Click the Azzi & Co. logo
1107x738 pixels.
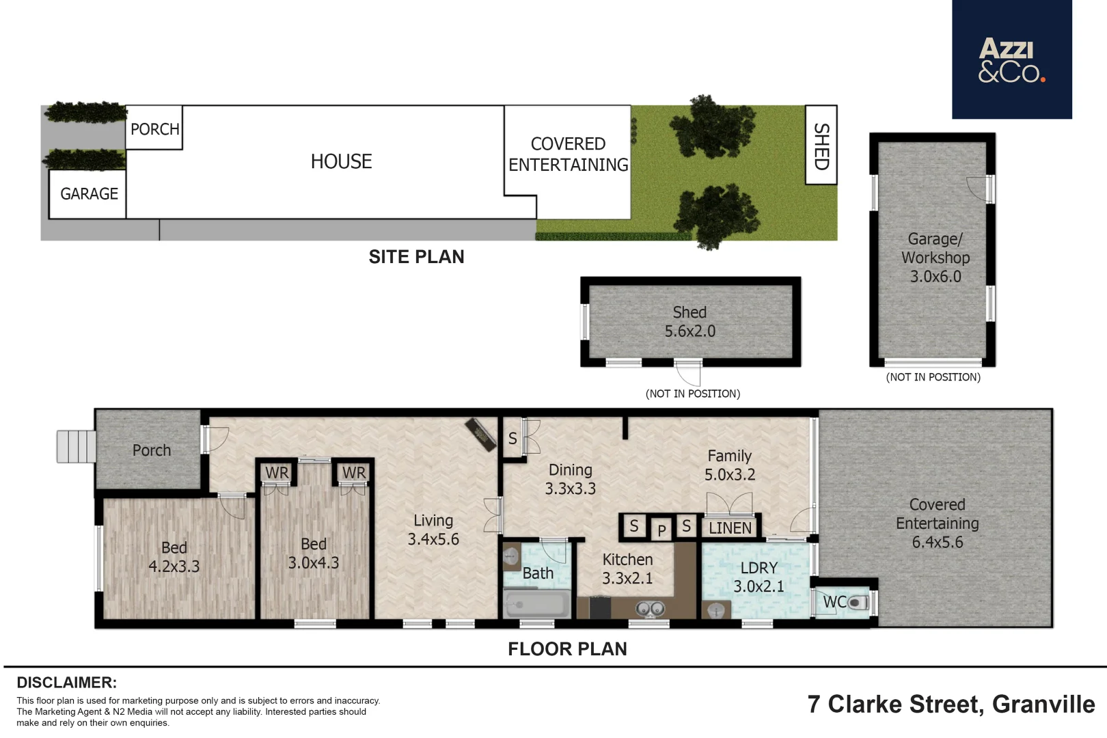coord(1011,59)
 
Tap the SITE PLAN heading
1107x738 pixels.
coord(417,257)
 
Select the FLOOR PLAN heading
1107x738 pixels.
coord(567,649)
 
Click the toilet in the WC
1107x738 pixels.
coord(858,603)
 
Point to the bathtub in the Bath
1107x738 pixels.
coord(536,604)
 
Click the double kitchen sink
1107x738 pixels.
coord(649,608)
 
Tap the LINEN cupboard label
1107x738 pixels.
coord(730,528)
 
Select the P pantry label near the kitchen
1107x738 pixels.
coord(661,530)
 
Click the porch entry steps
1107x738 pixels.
coord(76,446)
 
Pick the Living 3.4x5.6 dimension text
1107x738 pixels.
coord(433,538)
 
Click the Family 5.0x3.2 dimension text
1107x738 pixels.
coord(730,474)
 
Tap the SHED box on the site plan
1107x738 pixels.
coord(821,145)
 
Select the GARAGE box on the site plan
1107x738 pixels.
coord(87,194)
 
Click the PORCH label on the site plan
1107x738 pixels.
coord(154,130)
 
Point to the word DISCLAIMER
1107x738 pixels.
coord(67,683)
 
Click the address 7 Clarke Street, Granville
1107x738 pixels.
coord(951,705)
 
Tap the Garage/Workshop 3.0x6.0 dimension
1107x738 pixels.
coord(935,276)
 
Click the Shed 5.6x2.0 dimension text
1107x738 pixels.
coord(690,331)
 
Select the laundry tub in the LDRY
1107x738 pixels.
coord(716,610)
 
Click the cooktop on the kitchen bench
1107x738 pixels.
coord(601,608)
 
